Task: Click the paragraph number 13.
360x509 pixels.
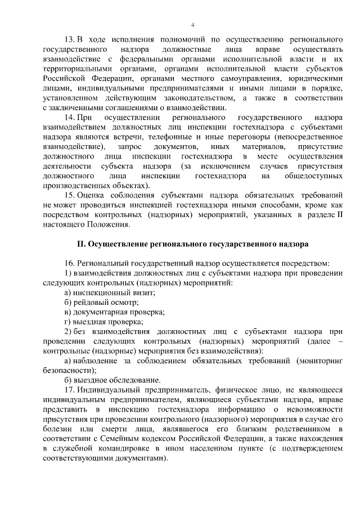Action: point(69,41)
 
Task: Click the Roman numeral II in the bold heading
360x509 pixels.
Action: point(80,245)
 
